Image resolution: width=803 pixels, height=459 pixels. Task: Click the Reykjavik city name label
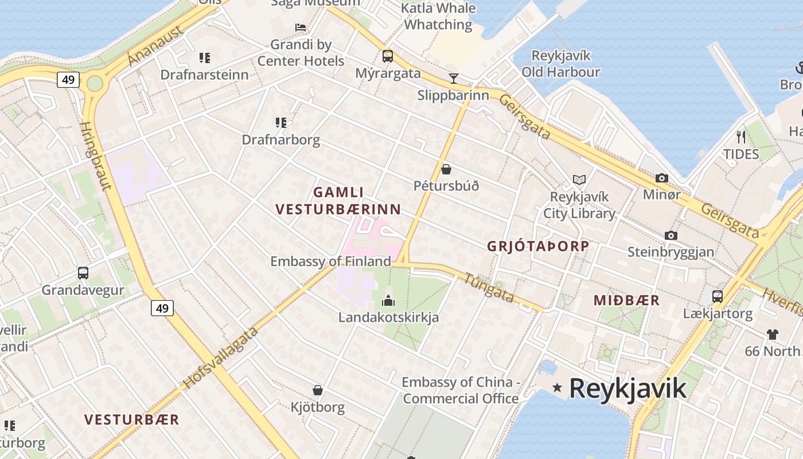pos(627,388)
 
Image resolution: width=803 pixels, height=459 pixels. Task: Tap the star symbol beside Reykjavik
pos(557,388)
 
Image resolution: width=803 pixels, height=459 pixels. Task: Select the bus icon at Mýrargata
pos(388,56)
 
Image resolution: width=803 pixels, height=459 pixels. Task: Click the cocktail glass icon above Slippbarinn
pos(454,78)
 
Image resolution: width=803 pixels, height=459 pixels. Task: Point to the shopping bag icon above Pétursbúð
pos(446,169)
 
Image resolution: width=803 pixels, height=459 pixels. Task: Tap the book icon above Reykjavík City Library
pos(579,180)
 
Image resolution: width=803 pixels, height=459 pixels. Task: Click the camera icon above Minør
pos(662,178)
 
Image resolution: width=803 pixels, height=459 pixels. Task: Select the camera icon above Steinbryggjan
pos(671,235)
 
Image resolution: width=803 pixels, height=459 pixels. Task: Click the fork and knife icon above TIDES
pos(740,137)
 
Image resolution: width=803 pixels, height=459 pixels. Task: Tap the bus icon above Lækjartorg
pos(718,297)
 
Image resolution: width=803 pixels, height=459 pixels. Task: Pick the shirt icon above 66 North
pos(772,334)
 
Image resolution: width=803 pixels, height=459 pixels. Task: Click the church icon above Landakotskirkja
pos(388,300)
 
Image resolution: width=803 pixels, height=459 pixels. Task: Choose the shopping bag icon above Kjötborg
pos(318,390)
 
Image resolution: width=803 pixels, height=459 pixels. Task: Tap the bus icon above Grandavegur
pos(83,273)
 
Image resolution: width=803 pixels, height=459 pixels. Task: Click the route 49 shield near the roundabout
pos(68,80)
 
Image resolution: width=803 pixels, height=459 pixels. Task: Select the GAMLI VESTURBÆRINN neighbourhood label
pos(338,201)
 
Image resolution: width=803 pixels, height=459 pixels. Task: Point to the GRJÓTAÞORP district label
pos(538,246)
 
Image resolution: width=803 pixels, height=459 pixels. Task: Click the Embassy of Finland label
pos(330,262)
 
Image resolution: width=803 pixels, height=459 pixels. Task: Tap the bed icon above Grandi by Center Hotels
pos(301,28)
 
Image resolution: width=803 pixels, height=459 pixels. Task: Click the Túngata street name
pos(489,286)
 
